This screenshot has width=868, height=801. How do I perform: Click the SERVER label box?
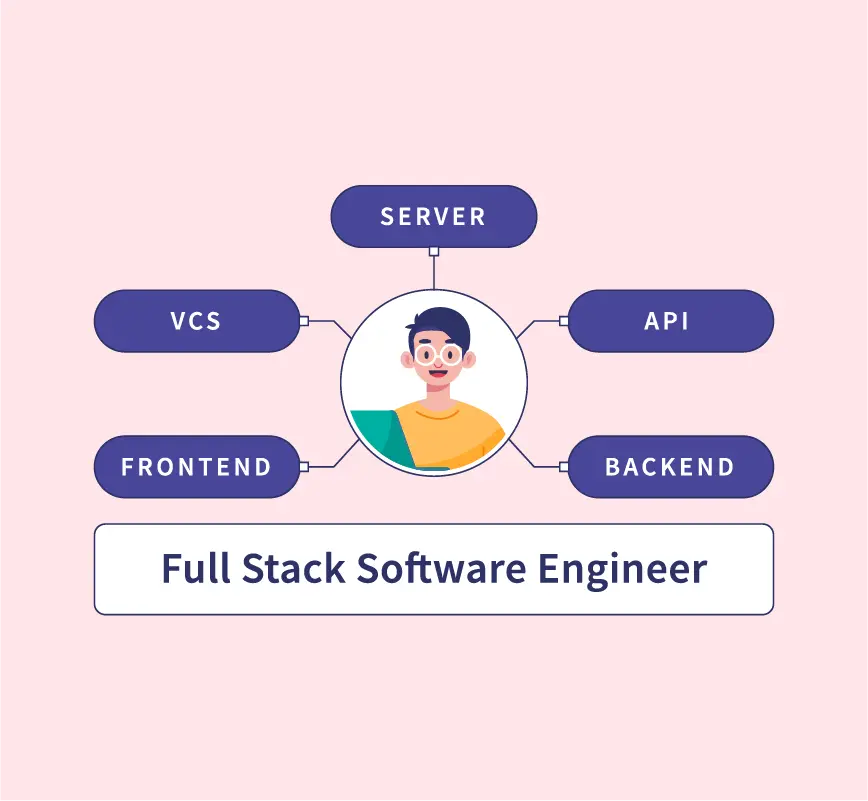[433, 216]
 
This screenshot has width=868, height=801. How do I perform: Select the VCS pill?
[196, 321]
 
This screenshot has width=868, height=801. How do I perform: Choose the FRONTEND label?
[196, 466]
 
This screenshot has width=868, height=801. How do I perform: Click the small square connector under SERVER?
[433, 251]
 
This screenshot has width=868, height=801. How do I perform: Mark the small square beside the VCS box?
[304, 321]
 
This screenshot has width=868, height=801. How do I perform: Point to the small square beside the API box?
[563, 321]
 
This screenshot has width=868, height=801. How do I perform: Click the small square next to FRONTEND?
[304, 466]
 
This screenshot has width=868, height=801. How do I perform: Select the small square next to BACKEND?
[563, 466]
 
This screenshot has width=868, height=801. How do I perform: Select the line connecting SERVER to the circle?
[433, 272]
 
